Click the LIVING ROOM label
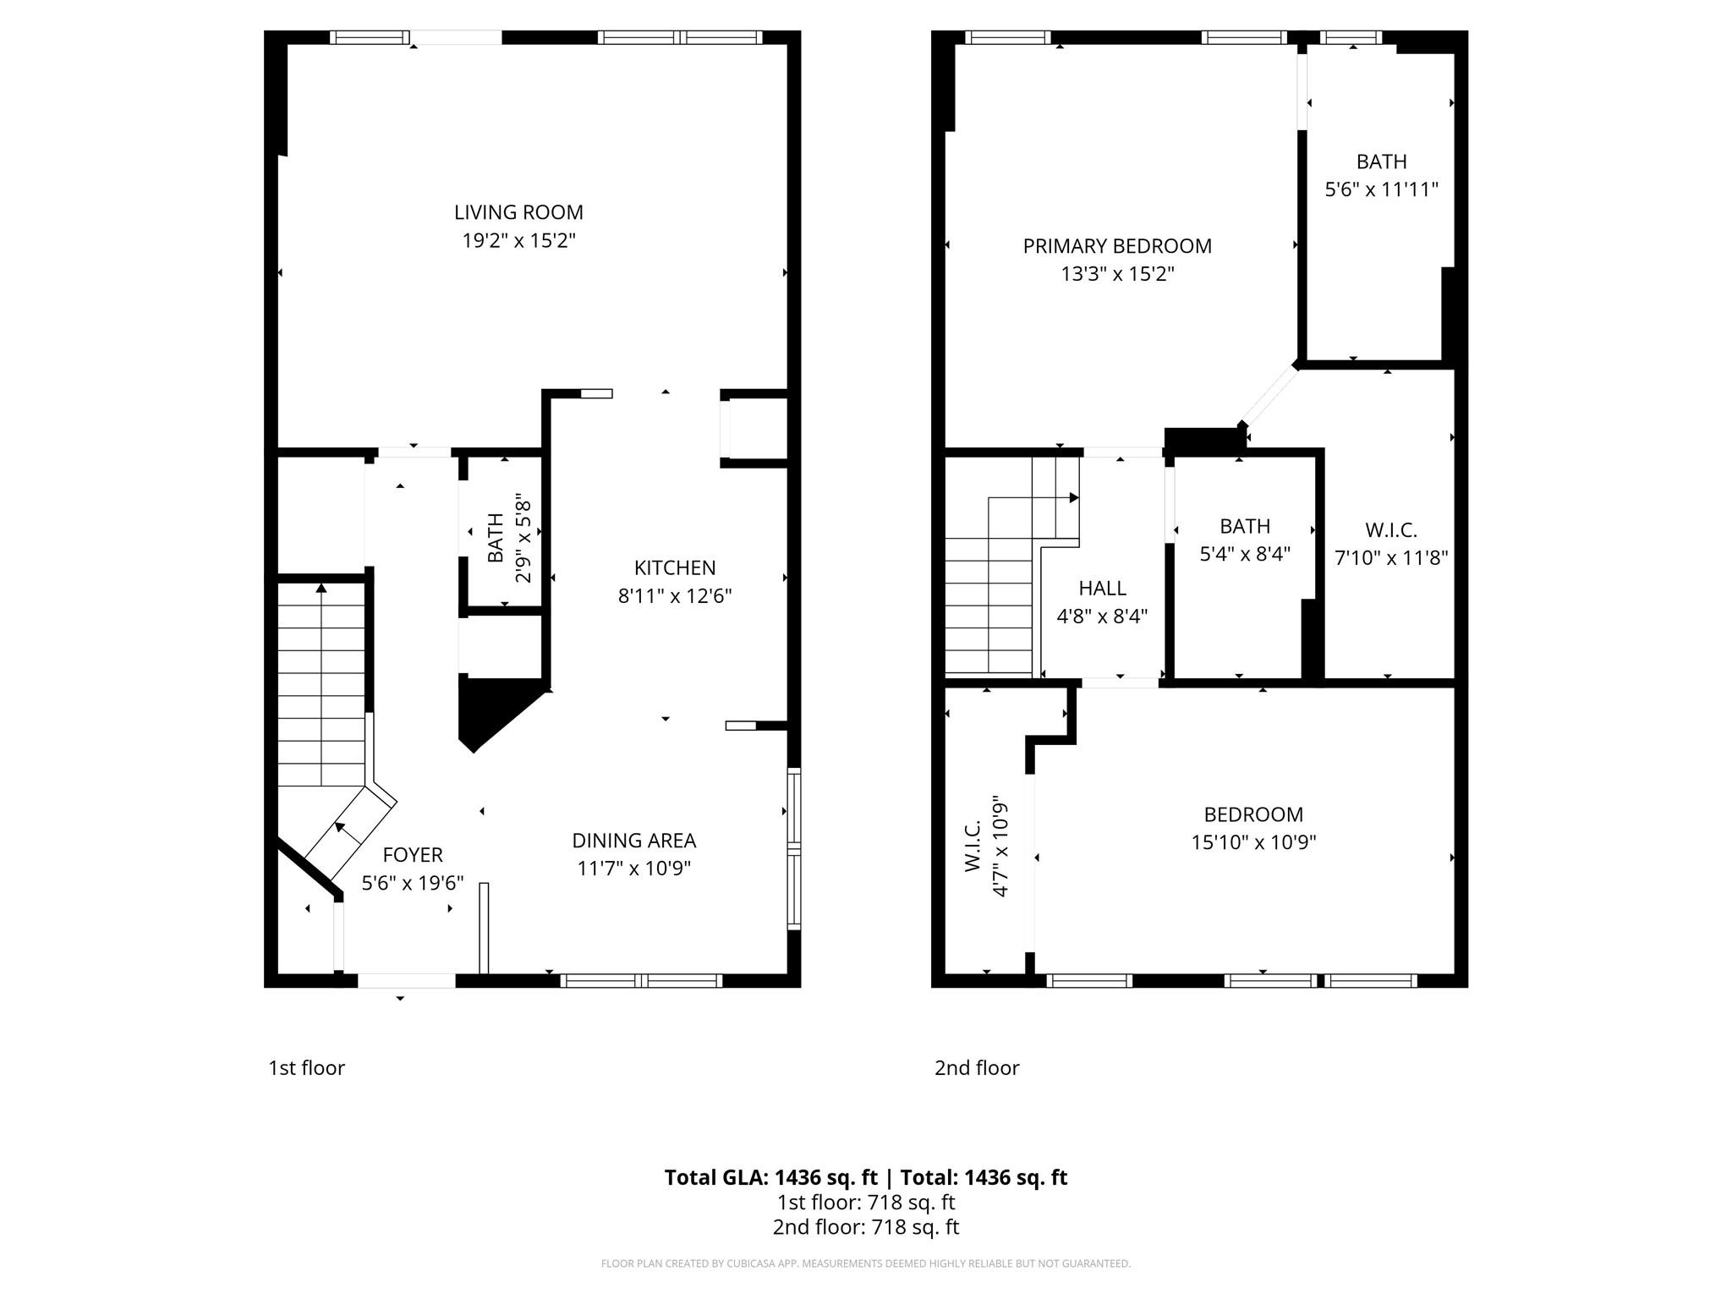click(518, 212)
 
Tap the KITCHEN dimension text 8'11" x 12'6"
click(675, 596)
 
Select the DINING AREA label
click(634, 841)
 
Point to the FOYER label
click(413, 855)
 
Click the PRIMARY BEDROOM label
click(1117, 246)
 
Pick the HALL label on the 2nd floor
click(1103, 588)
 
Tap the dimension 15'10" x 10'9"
click(1253, 842)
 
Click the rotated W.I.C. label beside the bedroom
click(973, 846)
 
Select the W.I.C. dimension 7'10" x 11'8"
click(1391, 558)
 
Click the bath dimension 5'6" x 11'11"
click(1382, 189)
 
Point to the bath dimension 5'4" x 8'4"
click(1245, 555)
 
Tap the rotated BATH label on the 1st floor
click(496, 538)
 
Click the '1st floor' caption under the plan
click(306, 1068)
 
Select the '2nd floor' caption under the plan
click(977, 1068)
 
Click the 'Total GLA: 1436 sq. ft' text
click(771, 1178)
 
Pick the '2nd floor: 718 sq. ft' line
click(866, 1227)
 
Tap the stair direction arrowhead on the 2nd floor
click(1074, 497)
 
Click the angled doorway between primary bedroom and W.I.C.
click(1269, 396)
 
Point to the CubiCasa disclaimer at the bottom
click(866, 1263)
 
